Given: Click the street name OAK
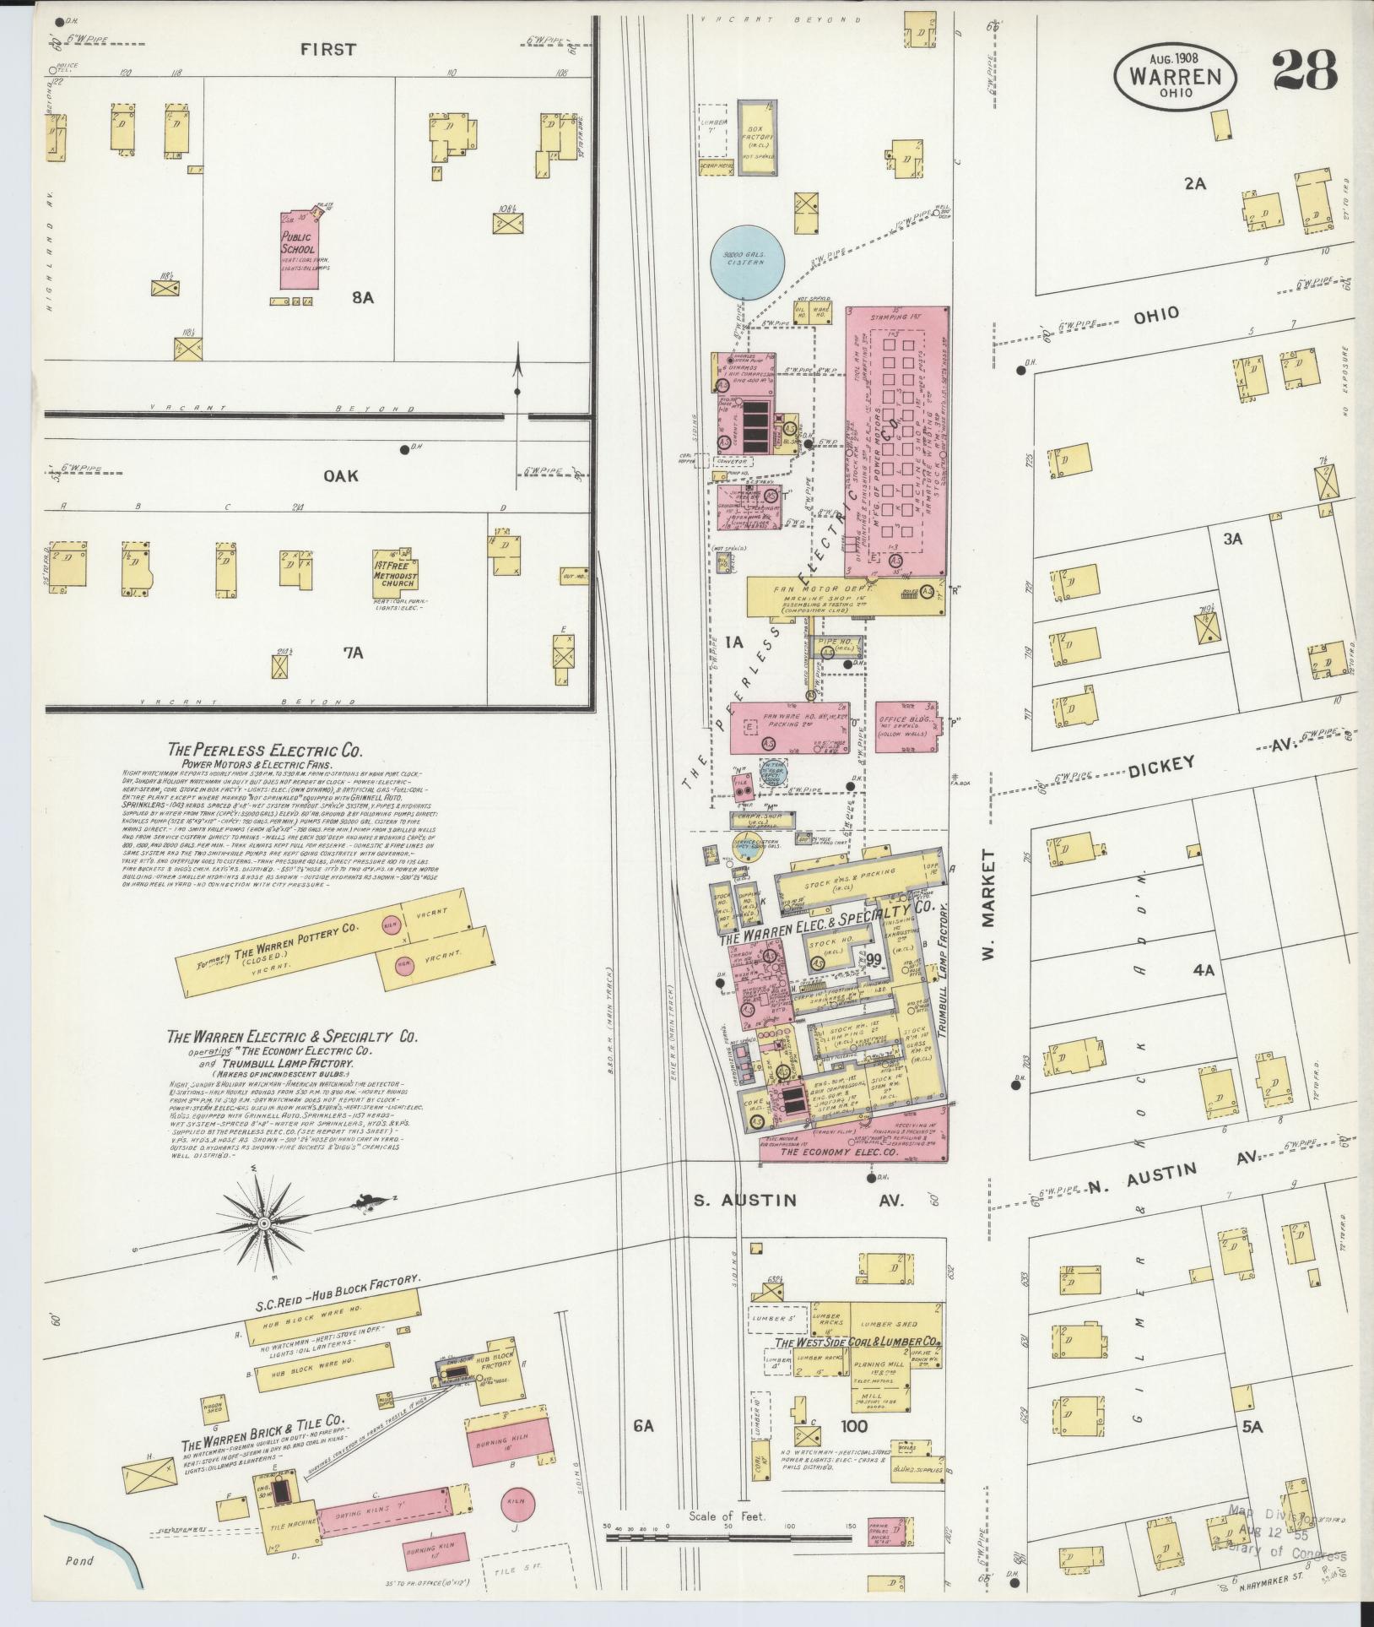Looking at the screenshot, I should coord(341,476).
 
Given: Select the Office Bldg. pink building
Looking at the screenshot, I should coord(906,727).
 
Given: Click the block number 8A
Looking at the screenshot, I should coord(364,298).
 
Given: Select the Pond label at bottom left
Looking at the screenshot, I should coord(80,1561).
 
